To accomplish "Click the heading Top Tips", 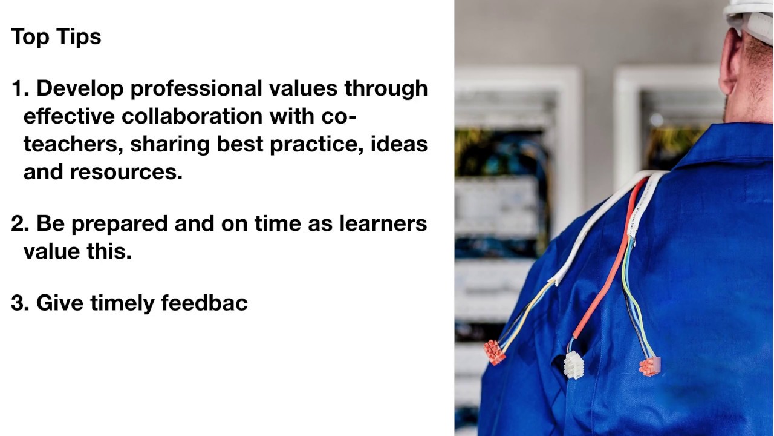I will click(56, 36).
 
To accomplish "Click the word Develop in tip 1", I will click(80, 88).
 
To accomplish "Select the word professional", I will click(197, 88).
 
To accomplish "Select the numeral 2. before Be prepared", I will click(20, 223).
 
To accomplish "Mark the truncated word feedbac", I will click(204, 303).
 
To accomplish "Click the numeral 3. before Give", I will click(20, 303).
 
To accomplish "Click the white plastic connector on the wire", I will click(573, 365).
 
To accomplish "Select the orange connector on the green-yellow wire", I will click(649, 366).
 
